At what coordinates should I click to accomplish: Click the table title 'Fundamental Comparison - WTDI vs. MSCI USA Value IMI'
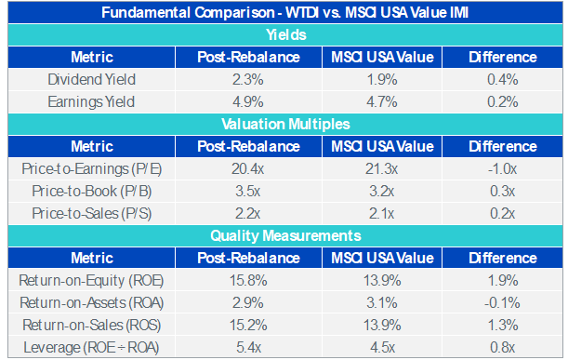pyautogui.click(x=284, y=13)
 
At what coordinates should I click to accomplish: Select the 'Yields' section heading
pyautogui.click(x=286, y=34)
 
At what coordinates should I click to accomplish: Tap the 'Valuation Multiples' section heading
pyautogui.click(x=285, y=124)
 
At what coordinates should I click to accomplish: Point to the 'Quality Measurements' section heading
pyautogui.click(x=285, y=235)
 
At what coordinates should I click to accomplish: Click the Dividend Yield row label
pyautogui.click(x=91, y=79)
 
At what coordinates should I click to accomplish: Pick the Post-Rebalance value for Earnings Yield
pyautogui.click(x=248, y=102)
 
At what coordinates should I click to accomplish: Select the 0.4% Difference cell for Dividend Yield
pyautogui.click(x=502, y=79)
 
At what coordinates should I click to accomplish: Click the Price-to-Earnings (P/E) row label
pyautogui.click(x=91, y=169)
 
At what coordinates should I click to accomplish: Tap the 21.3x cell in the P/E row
pyautogui.click(x=381, y=169)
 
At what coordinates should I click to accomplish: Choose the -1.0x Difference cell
pyautogui.click(x=502, y=169)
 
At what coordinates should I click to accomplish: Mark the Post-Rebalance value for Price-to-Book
pyautogui.click(x=248, y=191)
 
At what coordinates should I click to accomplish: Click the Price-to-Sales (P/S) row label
pyautogui.click(x=91, y=214)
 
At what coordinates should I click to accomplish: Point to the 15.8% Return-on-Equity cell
pyautogui.click(x=248, y=280)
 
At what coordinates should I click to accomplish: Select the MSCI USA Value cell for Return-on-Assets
pyautogui.click(x=381, y=302)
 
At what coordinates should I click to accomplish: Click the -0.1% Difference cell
pyautogui.click(x=502, y=302)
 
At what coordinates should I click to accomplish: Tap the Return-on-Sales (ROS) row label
pyautogui.click(x=91, y=326)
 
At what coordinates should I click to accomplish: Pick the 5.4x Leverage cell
pyautogui.click(x=248, y=348)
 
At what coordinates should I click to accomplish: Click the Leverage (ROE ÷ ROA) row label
pyautogui.click(x=91, y=348)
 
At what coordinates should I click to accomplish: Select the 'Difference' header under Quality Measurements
pyautogui.click(x=502, y=258)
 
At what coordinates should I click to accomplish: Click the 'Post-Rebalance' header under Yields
pyautogui.click(x=248, y=58)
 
